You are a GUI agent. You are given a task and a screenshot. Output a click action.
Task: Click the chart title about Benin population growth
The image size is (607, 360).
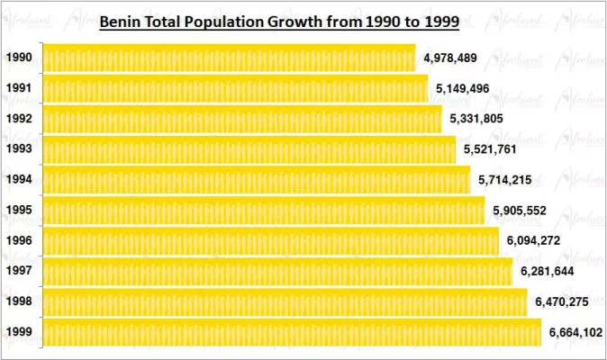279,21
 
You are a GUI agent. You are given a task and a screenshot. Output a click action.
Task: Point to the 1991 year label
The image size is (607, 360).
19,89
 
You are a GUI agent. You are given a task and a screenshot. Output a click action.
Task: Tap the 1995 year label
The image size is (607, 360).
19,211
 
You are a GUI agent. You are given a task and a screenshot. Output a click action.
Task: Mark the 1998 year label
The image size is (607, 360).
19,302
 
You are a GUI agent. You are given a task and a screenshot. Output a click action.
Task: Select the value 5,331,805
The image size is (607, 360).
483,120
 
